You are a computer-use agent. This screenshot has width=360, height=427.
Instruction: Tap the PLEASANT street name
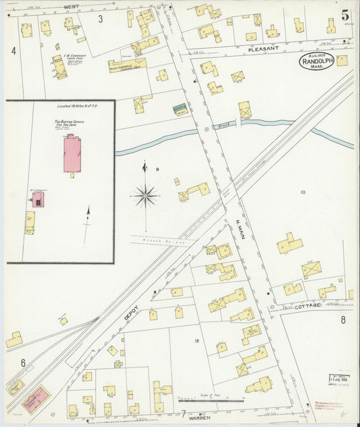click(x=263, y=49)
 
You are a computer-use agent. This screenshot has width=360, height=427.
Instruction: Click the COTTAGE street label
click(x=307, y=306)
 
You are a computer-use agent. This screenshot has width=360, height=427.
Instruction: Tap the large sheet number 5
click(x=344, y=14)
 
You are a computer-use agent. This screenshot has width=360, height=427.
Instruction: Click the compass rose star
click(x=145, y=196)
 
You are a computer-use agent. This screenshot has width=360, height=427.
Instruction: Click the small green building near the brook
click(x=180, y=108)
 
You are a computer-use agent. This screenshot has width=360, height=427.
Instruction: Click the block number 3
click(x=101, y=18)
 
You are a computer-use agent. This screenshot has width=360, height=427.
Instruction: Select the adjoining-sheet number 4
click(x=14, y=51)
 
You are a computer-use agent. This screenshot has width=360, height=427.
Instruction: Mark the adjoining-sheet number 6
click(x=23, y=363)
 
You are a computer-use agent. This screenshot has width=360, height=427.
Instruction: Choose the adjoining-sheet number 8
click(x=342, y=320)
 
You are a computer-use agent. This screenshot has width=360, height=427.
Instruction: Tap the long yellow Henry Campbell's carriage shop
click(x=127, y=66)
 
